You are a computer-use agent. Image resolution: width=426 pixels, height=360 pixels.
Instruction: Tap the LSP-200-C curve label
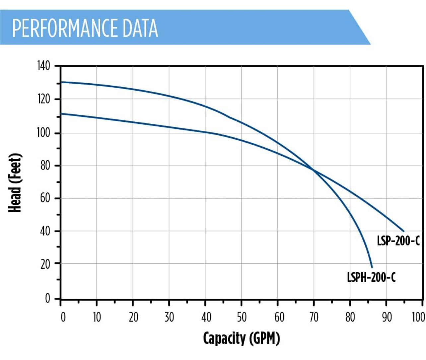point(398,241)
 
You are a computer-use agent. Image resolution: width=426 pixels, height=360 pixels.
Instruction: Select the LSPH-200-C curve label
point(371,277)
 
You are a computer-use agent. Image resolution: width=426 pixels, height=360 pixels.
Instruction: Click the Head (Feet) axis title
point(15,183)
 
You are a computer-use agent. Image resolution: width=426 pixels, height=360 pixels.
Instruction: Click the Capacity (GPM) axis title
point(242,338)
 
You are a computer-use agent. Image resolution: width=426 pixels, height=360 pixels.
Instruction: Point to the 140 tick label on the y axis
point(43,66)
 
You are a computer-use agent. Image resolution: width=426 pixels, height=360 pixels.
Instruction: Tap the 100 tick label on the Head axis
point(43,133)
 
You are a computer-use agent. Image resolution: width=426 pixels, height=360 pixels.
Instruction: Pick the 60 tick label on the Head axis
point(45,198)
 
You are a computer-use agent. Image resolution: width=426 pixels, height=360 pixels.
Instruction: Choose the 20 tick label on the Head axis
point(45,264)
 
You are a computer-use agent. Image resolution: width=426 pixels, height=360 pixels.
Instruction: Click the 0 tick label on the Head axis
point(47,299)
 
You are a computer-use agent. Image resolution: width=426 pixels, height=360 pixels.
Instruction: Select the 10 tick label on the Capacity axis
point(97,318)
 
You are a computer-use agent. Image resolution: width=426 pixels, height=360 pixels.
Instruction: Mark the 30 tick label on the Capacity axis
point(169,318)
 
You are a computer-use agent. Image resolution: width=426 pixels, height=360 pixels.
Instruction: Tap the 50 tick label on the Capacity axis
point(242,318)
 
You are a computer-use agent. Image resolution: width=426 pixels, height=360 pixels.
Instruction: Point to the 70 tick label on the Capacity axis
point(314,318)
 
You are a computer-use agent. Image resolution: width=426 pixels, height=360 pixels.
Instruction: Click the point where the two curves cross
point(313,171)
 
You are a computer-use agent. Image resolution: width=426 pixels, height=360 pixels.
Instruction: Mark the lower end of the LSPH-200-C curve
point(372,267)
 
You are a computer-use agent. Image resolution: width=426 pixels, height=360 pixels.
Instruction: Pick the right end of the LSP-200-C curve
point(404,231)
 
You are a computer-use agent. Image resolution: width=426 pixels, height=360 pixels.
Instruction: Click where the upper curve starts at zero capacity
point(61,82)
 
